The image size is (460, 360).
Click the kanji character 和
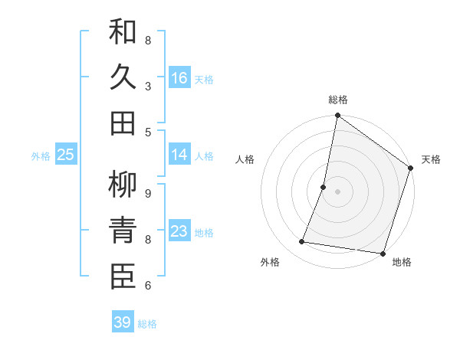coord(123,32)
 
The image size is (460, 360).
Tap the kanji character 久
coord(123,78)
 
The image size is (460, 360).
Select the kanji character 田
coord(123,123)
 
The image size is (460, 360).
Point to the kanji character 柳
coord(123,184)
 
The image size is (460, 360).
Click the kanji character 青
coord(123,231)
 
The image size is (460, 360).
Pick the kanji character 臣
coord(123,277)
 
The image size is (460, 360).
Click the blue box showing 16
coord(179,77)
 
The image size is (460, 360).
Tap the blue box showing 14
coord(179,155)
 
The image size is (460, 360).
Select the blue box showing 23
coord(179,231)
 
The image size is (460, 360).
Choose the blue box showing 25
coord(66,155)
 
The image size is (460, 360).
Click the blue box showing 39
coord(123,322)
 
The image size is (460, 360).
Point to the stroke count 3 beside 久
coord(148,87)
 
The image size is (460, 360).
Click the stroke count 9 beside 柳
coord(148,193)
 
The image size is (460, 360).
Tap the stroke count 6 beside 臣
coord(148,286)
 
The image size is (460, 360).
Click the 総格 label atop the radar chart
coord(337,100)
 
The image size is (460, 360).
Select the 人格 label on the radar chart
coord(245,159)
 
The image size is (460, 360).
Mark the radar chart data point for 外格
coord(302,242)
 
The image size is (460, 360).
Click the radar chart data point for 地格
coord(383,253)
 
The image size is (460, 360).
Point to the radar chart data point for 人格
coord(324,187)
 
